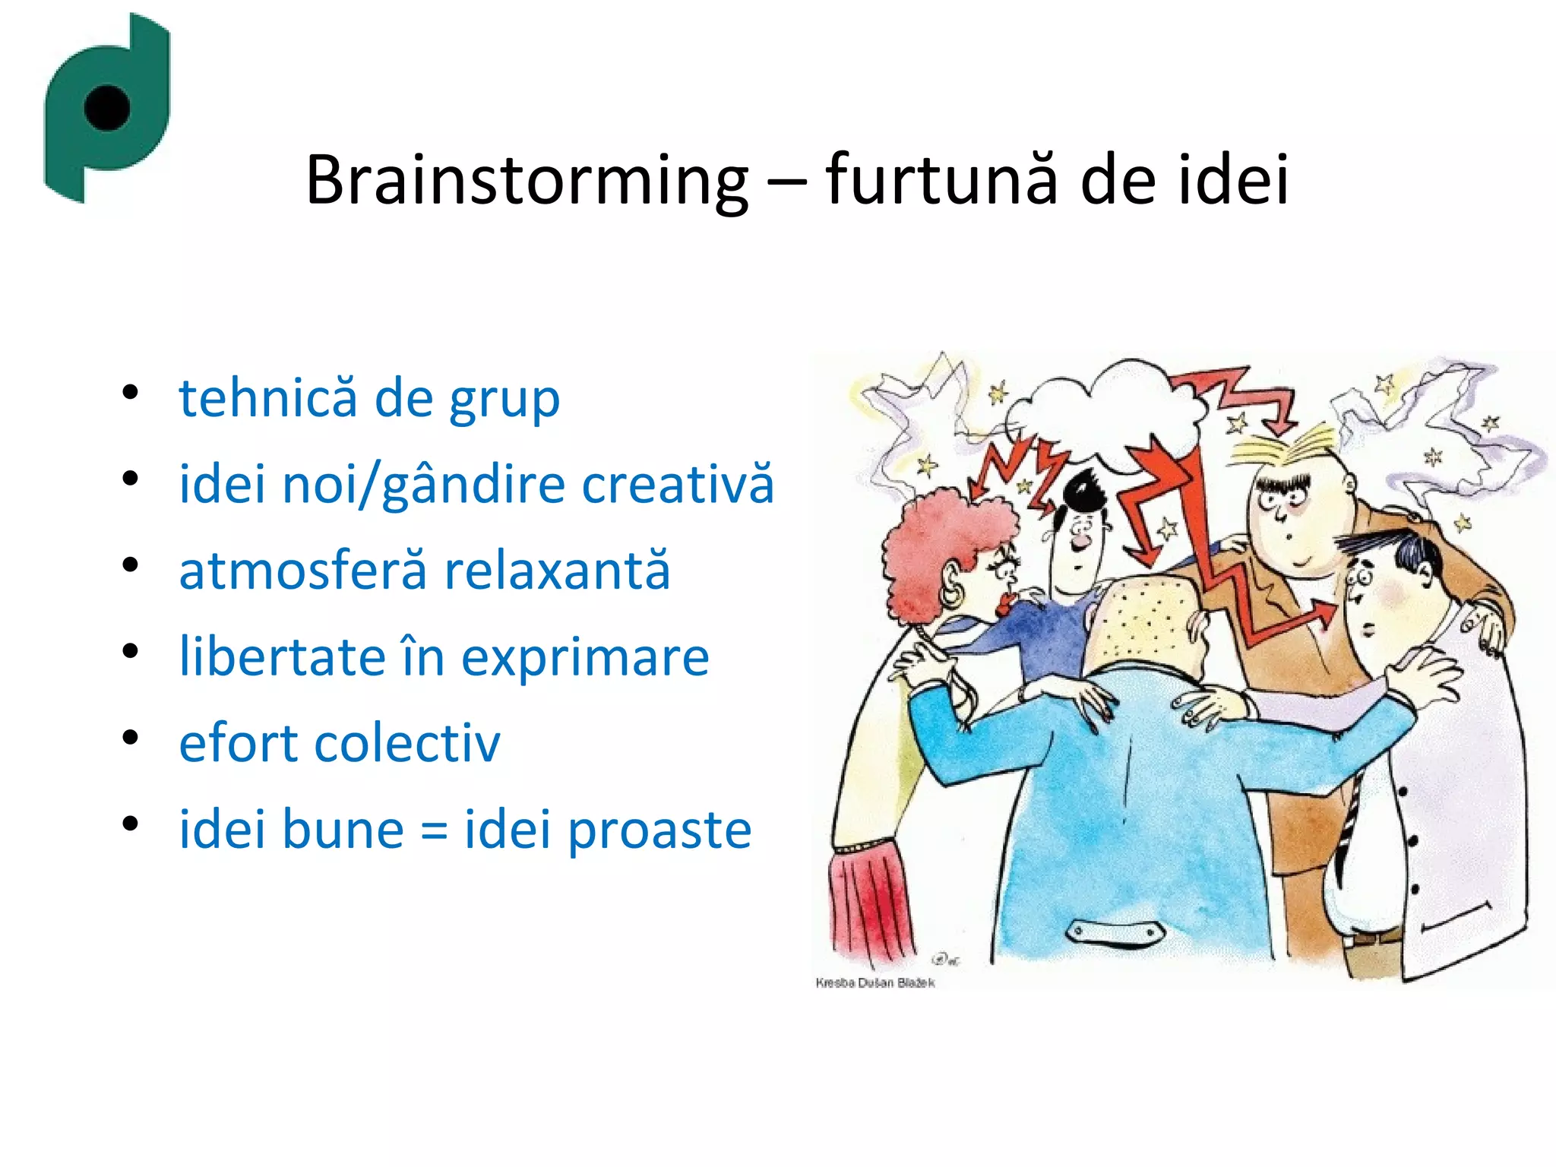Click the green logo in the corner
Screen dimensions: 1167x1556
click(106, 106)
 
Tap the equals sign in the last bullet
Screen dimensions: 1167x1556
click(434, 830)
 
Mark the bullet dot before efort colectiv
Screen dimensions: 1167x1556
click(131, 738)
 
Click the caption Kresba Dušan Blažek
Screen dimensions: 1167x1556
click(874, 982)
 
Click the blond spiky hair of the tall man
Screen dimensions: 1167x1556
click(1284, 452)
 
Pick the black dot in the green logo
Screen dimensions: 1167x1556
click(107, 107)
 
